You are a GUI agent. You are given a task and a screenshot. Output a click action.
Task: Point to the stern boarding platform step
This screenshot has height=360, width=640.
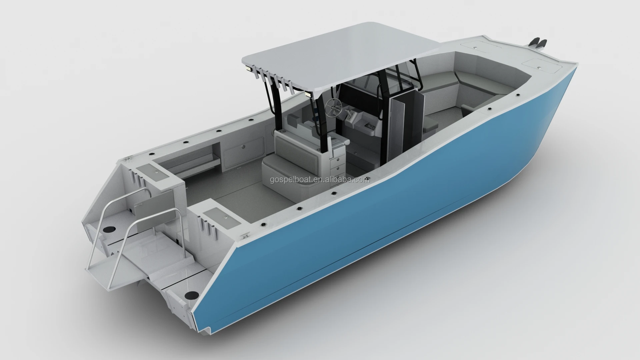pyautogui.click(x=133, y=263)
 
